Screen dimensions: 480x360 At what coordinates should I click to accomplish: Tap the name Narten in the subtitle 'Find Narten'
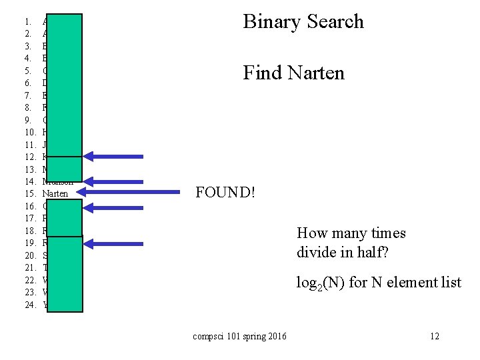(316, 72)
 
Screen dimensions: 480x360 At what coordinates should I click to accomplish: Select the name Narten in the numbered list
(55, 193)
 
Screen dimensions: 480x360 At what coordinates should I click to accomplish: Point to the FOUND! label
(225, 193)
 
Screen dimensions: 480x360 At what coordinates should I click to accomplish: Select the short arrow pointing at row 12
(117, 157)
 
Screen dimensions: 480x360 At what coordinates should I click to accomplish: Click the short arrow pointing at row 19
(117, 243)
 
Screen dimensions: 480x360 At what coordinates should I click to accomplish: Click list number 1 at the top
(28, 21)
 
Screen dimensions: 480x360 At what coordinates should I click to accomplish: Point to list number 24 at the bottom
(30, 305)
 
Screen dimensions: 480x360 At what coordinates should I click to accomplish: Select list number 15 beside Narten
(30, 193)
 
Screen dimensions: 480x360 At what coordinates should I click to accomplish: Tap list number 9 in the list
(28, 120)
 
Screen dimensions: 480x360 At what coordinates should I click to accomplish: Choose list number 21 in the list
(30, 267)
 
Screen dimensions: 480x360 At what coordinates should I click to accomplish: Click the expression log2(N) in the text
(321, 283)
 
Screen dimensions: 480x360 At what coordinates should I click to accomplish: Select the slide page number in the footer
(435, 336)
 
